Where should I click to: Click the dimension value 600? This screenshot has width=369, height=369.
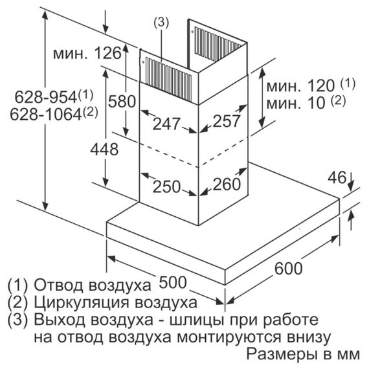coord(288,269)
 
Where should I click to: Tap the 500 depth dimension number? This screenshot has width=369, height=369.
coord(173,282)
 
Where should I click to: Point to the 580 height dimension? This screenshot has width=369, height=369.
coord(122,102)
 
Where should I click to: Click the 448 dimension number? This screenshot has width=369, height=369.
coord(104,149)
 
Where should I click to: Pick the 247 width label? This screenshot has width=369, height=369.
coord(166,124)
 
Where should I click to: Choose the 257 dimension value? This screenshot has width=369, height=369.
coord(227,121)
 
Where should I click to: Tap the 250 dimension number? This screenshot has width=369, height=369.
coord(166,187)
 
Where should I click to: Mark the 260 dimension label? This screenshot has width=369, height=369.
coord(227,184)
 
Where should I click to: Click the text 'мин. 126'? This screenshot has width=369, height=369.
coord(87,53)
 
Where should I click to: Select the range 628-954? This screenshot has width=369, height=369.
coord(46,96)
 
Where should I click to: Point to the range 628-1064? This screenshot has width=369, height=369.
coord(46,115)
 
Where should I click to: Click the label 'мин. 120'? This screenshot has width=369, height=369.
coord(300,85)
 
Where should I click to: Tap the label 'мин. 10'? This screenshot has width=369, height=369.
coord(296,103)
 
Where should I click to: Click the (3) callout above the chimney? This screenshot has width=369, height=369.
coord(161,23)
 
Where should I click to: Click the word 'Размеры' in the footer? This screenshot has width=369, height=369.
coord(281,354)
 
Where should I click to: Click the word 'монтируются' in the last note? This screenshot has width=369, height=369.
coord(229,337)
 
